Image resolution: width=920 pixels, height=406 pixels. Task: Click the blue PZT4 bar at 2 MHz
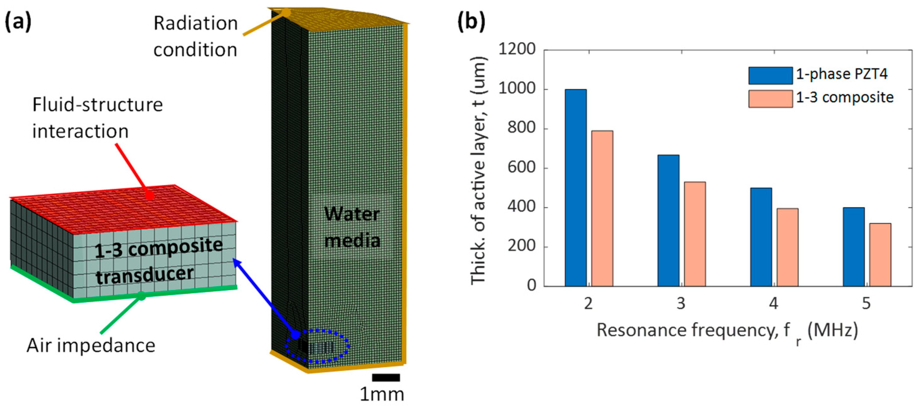[575, 188]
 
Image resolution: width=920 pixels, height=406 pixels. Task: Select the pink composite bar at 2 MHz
[602, 208]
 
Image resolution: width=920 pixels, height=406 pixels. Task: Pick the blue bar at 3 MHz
[668, 221]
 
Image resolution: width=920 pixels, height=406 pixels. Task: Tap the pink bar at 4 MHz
[787, 247]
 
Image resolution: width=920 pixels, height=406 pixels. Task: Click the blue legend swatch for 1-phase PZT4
[770, 76]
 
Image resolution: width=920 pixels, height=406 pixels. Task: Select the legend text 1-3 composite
[845, 98]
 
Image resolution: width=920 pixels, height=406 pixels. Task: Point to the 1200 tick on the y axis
[517, 49]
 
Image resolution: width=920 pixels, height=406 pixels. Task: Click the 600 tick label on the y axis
[522, 168]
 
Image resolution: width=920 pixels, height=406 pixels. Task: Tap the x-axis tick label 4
[774, 304]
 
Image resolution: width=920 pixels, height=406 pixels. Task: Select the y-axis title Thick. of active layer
[479, 171]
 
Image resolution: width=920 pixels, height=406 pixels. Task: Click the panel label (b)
[471, 22]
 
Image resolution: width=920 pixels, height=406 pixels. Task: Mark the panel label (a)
[18, 22]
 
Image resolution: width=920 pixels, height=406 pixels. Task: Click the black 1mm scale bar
[386, 378]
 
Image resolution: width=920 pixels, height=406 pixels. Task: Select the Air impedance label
[91, 346]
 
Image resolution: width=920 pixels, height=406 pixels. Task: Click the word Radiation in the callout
[195, 24]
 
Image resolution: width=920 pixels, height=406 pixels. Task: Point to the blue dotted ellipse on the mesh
[317, 346]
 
